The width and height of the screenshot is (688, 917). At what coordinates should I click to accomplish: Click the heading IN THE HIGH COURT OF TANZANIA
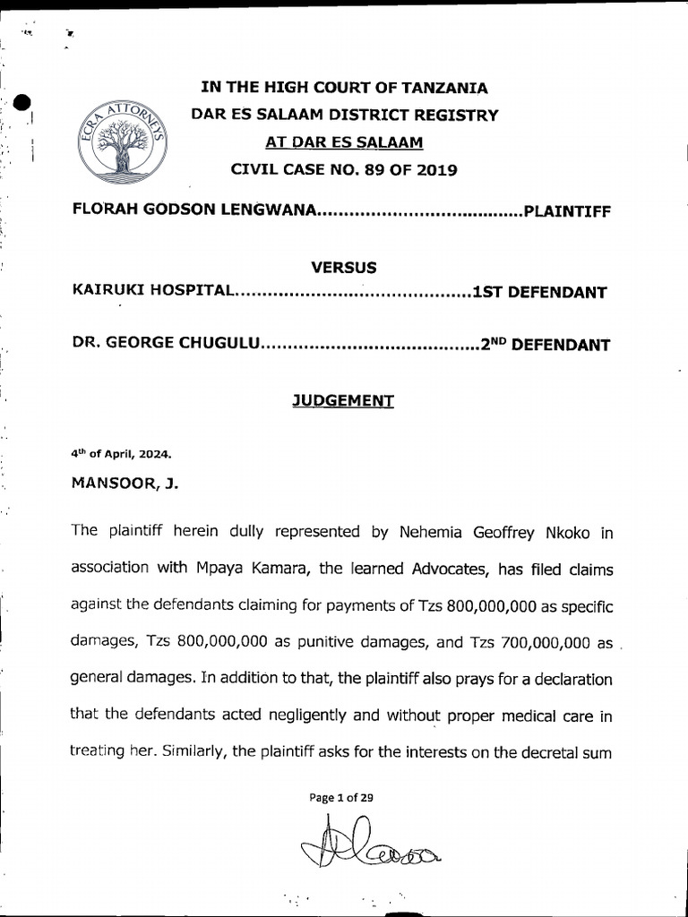tap(344, 88)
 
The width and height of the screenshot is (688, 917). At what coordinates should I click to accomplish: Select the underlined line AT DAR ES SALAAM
tap(344, 142)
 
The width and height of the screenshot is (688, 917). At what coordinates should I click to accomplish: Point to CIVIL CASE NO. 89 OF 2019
tap(344, 169)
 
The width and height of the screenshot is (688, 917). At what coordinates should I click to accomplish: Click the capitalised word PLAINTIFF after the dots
tap(566, 211)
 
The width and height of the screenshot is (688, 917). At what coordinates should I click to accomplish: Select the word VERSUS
tap(343, 267)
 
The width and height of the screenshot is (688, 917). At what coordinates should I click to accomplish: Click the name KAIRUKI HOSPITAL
tap(153, 292)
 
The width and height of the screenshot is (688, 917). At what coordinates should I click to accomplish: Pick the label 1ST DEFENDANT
tap(539, 292)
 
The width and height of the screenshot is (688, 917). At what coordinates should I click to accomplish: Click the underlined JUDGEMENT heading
tap(343, 402)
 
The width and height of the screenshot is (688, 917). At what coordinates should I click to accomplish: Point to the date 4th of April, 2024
tap(120, 453)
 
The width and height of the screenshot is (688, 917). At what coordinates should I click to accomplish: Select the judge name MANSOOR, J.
tap(125, 484)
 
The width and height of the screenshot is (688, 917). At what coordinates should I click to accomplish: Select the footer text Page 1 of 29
tap(344, 798)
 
